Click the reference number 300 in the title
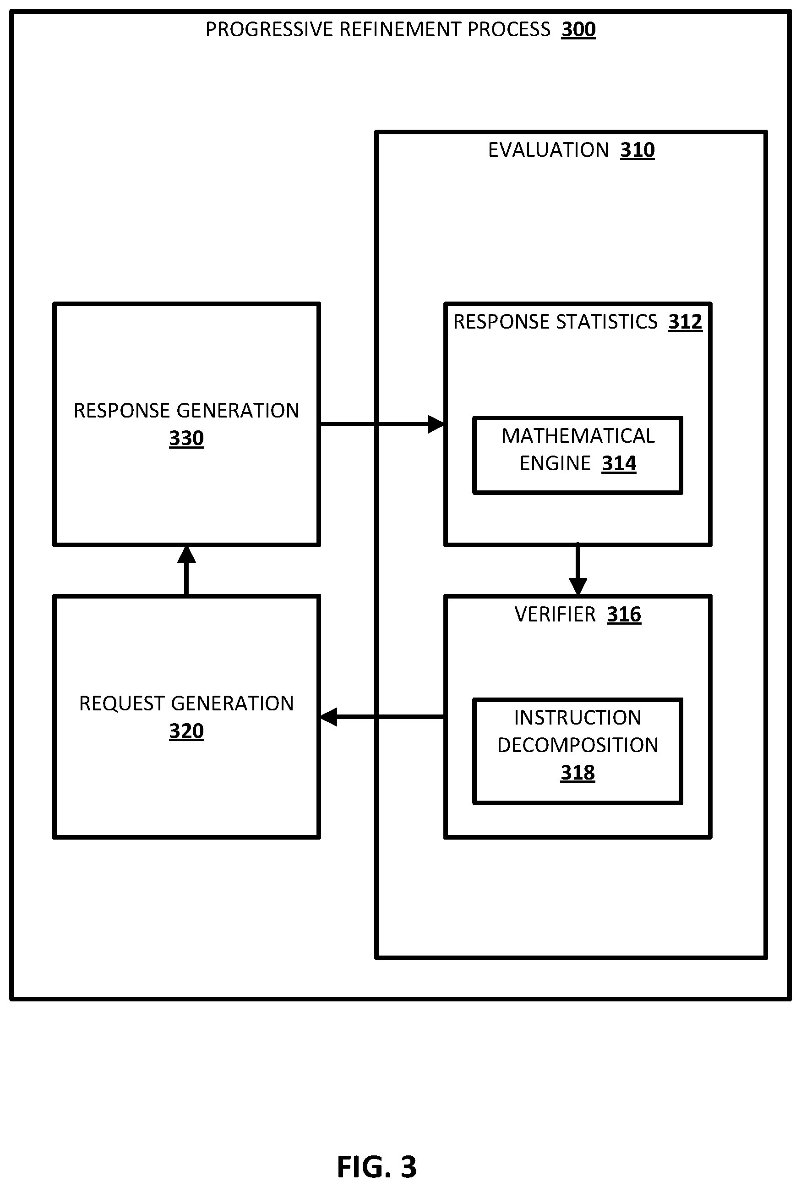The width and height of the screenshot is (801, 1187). [x=578, y=30]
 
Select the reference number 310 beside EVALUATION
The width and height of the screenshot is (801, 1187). [x=637, y=150]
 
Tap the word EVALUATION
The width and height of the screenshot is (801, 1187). [x=548, y=150]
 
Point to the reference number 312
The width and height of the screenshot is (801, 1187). [x=685, y=322]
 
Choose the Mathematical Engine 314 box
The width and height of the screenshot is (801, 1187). [x=578, y=456]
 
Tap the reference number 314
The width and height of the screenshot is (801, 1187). [x=619, y=464]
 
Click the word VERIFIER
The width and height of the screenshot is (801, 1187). [x=555, y=615]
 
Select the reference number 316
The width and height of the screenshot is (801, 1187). [x=624, y=615]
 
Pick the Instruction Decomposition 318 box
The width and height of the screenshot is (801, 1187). [x=578, y=751]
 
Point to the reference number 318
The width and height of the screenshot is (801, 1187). [x=578, y=773]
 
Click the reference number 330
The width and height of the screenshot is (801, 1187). [x=186, y=438]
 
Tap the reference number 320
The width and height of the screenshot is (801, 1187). [x=186, y=731]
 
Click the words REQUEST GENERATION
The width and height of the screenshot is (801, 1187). [x=186, y=704]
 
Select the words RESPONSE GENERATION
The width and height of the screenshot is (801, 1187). [x=186, y=411]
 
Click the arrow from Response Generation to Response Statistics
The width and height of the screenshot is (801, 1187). [x=382, y=424]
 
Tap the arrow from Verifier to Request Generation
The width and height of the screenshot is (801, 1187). [x=382, y=717]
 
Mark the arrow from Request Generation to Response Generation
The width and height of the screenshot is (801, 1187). [x=186, y=571]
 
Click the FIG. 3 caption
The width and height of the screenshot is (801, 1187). [x=377, y=1166]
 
